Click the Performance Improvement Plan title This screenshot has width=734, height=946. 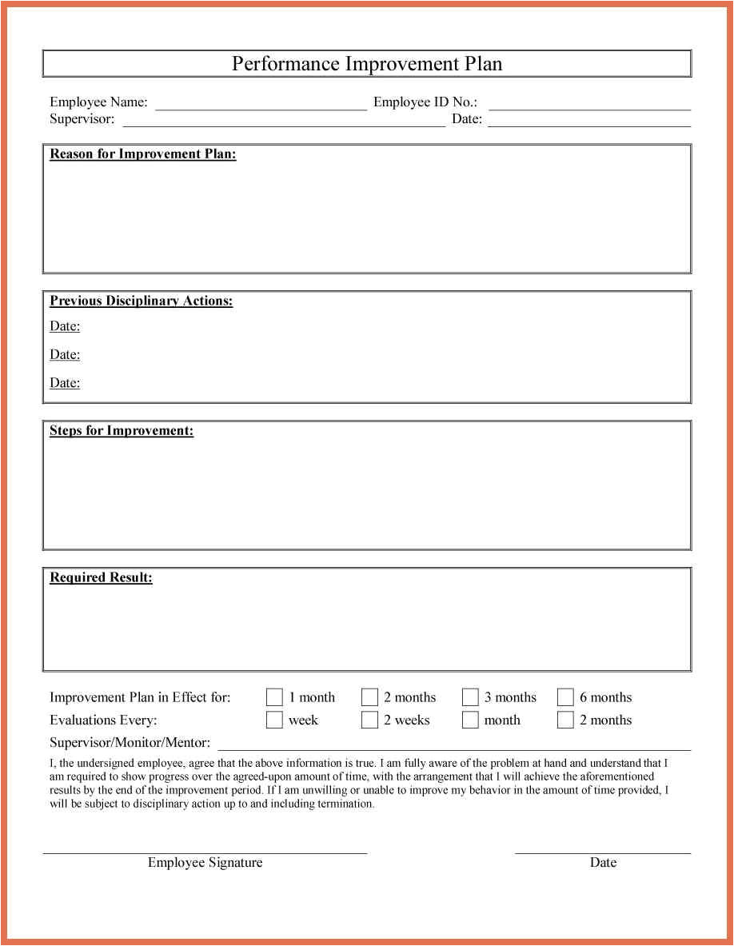[x=367, y=64]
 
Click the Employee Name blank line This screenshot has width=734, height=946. [x=261, y=108]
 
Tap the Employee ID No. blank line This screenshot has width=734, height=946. [x=589, y=108]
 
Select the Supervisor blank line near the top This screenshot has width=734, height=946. [x=283, y=125]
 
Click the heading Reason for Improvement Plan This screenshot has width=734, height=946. [x=143, y=154]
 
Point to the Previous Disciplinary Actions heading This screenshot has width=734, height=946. [x=142, y=301]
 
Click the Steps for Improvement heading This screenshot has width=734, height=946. [x=122, y=431]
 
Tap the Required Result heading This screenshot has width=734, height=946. [x=101, y=577]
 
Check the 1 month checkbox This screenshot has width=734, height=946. [x=274, y=697]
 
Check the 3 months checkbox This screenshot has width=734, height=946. [x=470, y=697]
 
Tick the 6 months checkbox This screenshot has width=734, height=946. [x=565, y=697]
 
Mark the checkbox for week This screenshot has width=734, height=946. [x=274, y=720]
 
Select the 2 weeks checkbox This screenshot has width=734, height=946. [x=369, y=720]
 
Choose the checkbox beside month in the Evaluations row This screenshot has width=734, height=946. [x=470, y=720]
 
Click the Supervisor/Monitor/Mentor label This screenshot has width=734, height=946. [x=130, y=743]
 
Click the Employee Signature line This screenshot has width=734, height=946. [x=205, y=852]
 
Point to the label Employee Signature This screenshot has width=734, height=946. [x=205, y=863]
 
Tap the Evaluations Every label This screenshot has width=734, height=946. [x=103, y=720]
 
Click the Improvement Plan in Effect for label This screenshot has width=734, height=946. [x=140, y=697]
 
